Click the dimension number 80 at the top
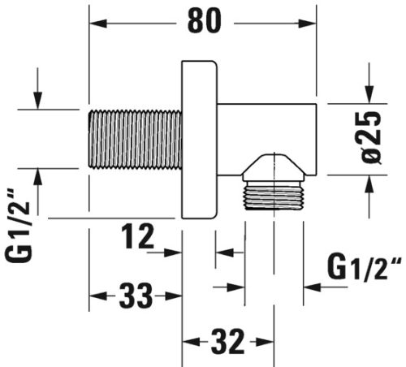[205, 21]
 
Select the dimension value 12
[138, 236]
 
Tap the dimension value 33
[136, 296]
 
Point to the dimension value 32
[227, 342]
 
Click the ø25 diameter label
[372, 138]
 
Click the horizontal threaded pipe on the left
[136, 139]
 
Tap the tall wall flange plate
[200, 140]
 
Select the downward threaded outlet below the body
[274, 196]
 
